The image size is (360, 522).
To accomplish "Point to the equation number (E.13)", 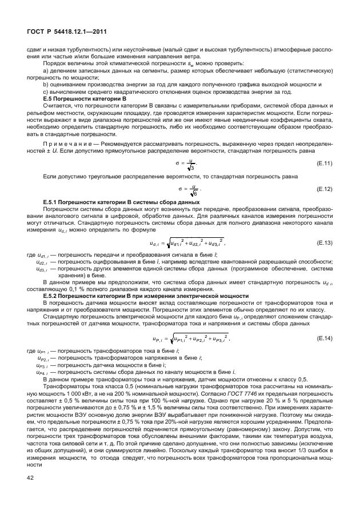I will tap(324, 242).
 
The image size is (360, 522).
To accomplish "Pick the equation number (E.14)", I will tap(324, 338).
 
